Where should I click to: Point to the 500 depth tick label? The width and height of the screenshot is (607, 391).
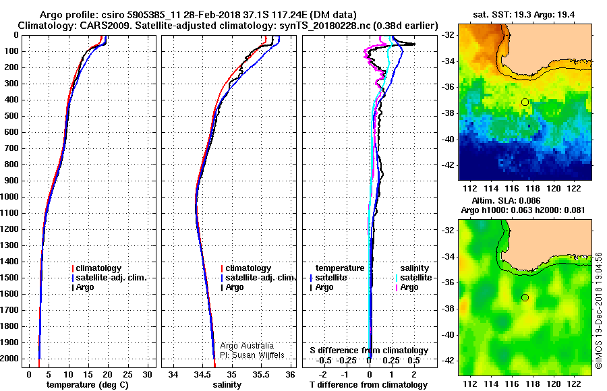click(11, 116)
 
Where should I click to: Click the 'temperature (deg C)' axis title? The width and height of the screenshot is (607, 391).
click(88, 385)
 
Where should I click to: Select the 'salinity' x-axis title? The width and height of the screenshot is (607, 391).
click(227, 385)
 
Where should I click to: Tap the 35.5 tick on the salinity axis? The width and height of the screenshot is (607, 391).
click(260, 374)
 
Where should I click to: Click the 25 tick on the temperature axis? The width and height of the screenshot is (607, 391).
click(127, 374)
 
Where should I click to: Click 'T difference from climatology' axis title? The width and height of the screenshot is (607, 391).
click(368, 385)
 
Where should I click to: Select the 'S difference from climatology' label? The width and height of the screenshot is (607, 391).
click(369, 351)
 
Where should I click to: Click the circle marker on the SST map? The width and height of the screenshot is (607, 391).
click(525, 102)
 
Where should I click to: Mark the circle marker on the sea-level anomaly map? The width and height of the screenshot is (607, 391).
click(525, 298)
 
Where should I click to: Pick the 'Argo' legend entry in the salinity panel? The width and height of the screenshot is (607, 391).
click(234, 287)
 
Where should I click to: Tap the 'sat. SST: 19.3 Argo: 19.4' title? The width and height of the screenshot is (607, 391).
click(524, 15)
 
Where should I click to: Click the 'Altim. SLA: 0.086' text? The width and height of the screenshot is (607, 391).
click(506, 200)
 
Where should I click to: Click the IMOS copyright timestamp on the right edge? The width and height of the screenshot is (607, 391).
click(598, 310)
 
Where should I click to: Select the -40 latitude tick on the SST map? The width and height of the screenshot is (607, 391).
click(449, 139)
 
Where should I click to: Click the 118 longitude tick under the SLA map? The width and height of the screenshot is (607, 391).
click(533, 384)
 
